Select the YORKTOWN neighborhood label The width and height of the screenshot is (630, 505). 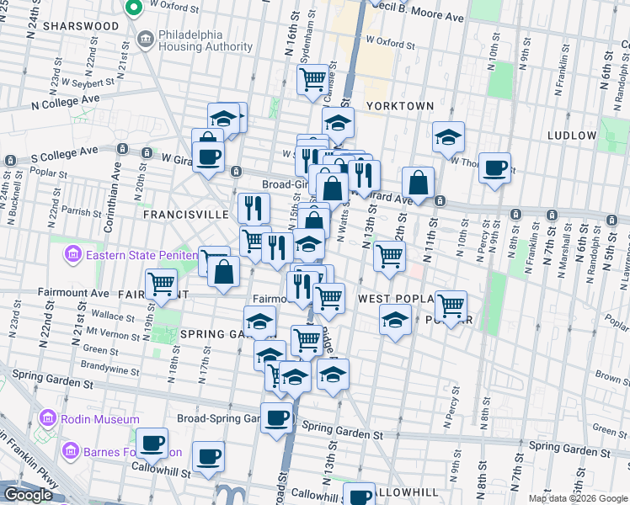400,106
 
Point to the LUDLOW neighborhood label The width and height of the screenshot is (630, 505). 572,135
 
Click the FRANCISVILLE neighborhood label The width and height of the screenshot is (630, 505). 185,215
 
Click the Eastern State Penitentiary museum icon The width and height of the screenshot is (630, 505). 72,252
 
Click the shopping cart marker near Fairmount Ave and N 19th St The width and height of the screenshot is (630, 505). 161,284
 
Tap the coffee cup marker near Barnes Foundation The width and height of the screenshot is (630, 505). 152,442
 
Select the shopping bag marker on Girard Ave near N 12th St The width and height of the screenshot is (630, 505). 418,181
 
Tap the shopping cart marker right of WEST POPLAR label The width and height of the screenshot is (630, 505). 451,305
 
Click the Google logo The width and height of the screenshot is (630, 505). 28,495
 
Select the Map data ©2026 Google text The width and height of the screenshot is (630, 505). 577,498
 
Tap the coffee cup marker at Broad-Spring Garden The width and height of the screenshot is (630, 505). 276,417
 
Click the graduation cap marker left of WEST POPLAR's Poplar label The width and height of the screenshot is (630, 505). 395,319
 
